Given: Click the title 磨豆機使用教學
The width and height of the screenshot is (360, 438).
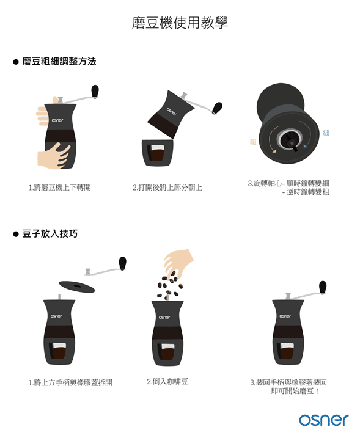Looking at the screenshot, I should (x=180, y=24).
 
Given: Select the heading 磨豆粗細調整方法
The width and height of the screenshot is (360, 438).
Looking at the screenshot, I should (x=59, y=62).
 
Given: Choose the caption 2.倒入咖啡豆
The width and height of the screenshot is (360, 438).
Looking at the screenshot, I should (x=167, y=381).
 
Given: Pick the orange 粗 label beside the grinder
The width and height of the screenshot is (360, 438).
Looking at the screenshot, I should (x=253, y=142).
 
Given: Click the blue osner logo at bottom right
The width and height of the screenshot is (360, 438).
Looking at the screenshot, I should (x=323, y=420).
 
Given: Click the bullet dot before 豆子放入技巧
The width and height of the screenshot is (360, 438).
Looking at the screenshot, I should (x=16, y=234).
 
